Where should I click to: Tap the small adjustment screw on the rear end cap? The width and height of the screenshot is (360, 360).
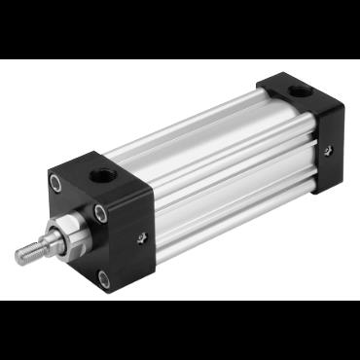click(328, 149)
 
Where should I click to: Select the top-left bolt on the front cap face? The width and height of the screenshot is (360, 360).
click(56, 181)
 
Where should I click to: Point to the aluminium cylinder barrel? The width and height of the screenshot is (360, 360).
click(219, 165)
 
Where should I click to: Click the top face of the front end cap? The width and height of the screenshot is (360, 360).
click(102, 173)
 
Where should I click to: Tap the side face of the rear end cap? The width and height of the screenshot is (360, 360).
click(329, 146)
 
